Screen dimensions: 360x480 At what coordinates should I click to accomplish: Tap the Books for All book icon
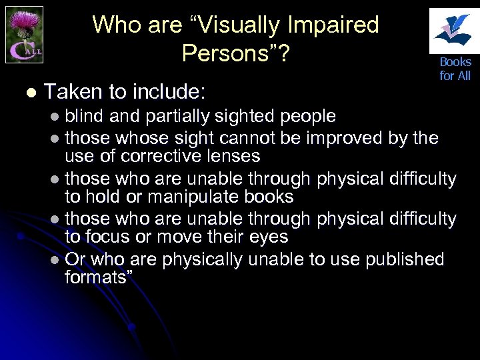click(x=455, y=30)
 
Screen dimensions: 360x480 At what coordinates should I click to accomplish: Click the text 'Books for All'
click(x=455, y=69)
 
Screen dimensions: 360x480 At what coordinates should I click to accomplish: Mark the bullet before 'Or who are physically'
click(x=54, y=259)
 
